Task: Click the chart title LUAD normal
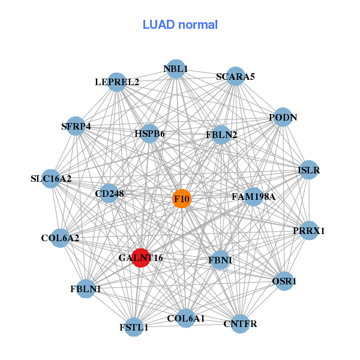click(x=180, y=25)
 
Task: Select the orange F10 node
click(x=182, y=199)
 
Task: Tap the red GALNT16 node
click(x=140, y=257)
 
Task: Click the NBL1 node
click(x=175, y=69)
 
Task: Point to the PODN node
click(x=283, y=117)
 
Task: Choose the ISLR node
click(x=308, y=170)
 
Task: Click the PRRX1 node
click(x=308, y=230)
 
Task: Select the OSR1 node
click(x=285, y=280)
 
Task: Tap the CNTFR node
click(x=240, y=324)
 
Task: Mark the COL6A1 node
click(x=187, y=318)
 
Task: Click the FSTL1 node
click(x=133, y=326)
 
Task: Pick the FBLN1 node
click(x=86, y=289)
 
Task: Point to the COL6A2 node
click(x=60, y=238)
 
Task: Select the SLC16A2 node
click(x=51, y=178)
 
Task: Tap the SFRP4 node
click(x=76, y=126)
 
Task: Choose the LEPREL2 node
click(x=117, y=82)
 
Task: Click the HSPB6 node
click(x=149, y=133)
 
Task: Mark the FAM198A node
click(x=253, y=196)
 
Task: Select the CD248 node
click(x=109, y=193)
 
